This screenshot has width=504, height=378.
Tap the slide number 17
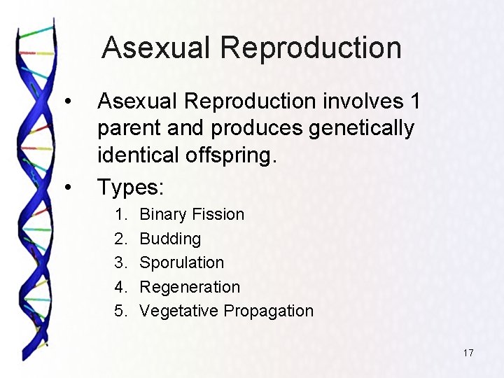(x=468, y=353)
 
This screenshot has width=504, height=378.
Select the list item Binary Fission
(x=192, y=214)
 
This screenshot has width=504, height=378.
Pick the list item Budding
(x=170, y=239)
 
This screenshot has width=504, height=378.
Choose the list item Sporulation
(x=182, y=262)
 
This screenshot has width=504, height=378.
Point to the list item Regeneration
(x=190, y=287)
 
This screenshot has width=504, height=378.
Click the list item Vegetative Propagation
(x=226, y=311)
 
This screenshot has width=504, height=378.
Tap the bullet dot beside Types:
(x=68, y=187)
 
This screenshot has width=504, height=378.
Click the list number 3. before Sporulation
(x=121, y=262)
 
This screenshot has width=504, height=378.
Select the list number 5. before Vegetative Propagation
(x=121, y=311)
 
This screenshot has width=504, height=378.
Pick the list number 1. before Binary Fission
(x=121, y=214)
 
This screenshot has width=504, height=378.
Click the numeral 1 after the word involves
(x=415, y=102)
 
